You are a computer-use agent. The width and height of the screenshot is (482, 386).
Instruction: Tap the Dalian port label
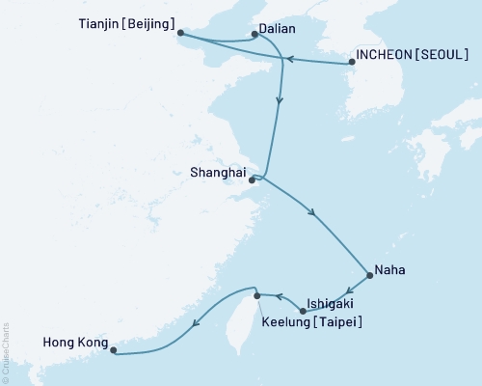click(278, 29)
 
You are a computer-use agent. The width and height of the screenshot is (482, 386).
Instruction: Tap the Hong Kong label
click(70, 341)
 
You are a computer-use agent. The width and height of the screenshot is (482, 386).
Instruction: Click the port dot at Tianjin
click(181, 36)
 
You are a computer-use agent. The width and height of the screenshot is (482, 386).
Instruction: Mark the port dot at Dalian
click(254, 35)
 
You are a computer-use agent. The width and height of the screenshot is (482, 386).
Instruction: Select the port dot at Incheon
click(351, 63)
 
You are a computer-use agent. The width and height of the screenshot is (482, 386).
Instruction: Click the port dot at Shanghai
click(253, 179)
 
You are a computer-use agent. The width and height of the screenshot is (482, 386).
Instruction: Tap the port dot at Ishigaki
click(304, 311)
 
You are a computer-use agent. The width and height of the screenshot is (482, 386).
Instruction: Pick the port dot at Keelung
click(256, 293)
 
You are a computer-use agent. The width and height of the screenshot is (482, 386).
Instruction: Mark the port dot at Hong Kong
click(113, 351)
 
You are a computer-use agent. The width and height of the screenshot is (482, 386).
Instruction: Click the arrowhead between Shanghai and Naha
click(310, 214)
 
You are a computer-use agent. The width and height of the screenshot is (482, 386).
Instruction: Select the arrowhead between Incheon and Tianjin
click(287, 59)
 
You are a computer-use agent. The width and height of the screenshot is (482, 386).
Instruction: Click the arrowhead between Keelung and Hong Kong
click(197, 324)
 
